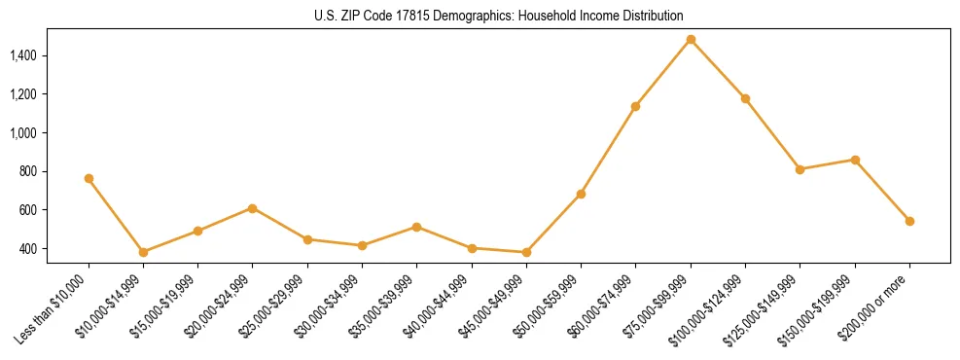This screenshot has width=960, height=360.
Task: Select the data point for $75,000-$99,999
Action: pyautogui.click(x=691, y=39)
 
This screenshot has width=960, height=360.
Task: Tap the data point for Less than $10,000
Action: pyautogui.click(x=89, y=178)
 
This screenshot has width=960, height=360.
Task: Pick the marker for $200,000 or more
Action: pyautogui.click(x=909, y=221)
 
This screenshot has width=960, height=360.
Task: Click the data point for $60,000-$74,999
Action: pyautogui.click(x=635, y=106)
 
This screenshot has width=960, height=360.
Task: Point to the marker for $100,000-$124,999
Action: pyautogui.click(x=745, y=98)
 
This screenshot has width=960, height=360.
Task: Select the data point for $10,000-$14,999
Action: pyautogui.click(x=143, y=252)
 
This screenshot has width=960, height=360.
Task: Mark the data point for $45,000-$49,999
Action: pyautogui.click(x=526, y=253)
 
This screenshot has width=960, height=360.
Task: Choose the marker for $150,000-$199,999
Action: pyautogui.click(x=855, y=160)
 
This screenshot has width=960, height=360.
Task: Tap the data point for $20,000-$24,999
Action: pyautogui.click(x=252, y=208)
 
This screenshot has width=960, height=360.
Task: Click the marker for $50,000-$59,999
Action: pyautogui.click(x=581, y=194)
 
